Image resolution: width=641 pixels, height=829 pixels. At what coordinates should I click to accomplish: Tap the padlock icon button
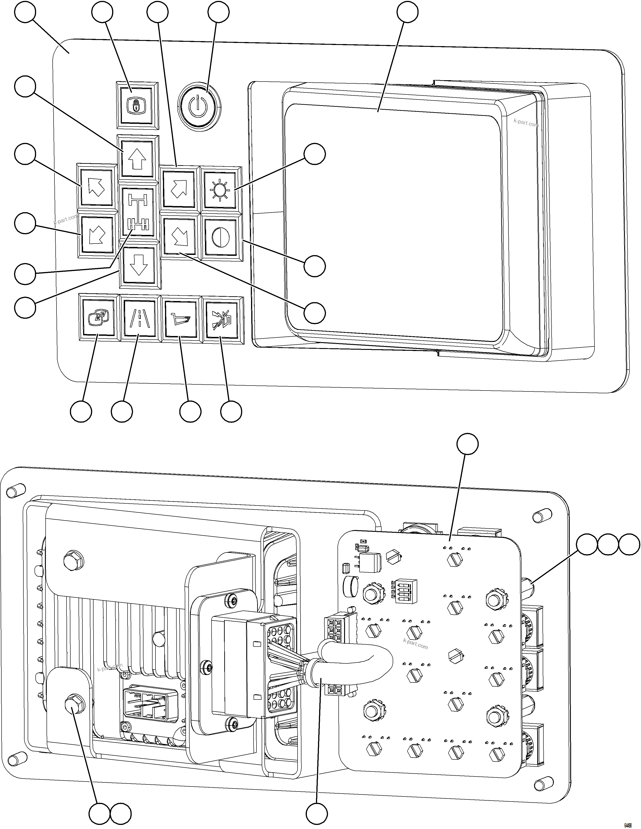137,105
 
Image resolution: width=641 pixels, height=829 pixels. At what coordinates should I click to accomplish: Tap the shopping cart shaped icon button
180,318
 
